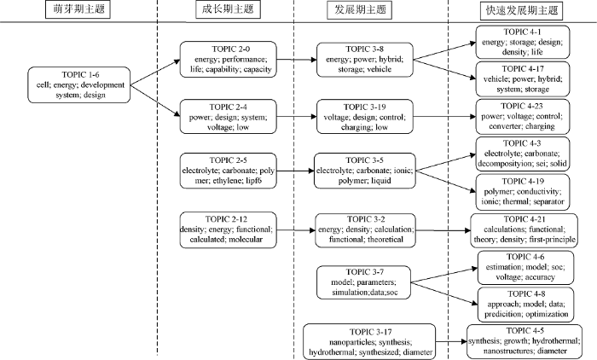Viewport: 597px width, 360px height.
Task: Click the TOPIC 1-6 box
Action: tap(78, 85)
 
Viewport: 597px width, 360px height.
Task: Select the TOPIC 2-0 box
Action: tap(228, 60)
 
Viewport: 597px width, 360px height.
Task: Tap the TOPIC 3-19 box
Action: tap(365, 117)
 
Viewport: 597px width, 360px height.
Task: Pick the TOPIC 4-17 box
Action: tap(523, 78)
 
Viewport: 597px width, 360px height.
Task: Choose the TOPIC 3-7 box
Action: tap(364, 282)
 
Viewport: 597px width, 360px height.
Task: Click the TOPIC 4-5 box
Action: tap(525, 341)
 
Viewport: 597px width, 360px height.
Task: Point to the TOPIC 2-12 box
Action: tap(228, 229)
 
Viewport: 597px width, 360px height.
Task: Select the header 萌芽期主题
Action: tap(78, 9)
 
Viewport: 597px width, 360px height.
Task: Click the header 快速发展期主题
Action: tap(522, 10)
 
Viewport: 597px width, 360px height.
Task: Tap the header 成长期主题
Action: tap(228, 9)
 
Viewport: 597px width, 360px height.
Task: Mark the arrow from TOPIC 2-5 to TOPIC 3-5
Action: tap(295, 171)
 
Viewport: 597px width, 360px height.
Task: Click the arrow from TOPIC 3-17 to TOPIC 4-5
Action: tap(451, 342)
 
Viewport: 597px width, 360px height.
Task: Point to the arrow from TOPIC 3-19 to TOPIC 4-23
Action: tap(444, 117)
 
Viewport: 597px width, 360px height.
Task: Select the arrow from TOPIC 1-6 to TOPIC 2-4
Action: tap(155, 100)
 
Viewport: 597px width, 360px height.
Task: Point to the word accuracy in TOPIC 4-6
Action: tap(540, 277)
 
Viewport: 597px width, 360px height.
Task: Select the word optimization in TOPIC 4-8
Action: tap(547, 314)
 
